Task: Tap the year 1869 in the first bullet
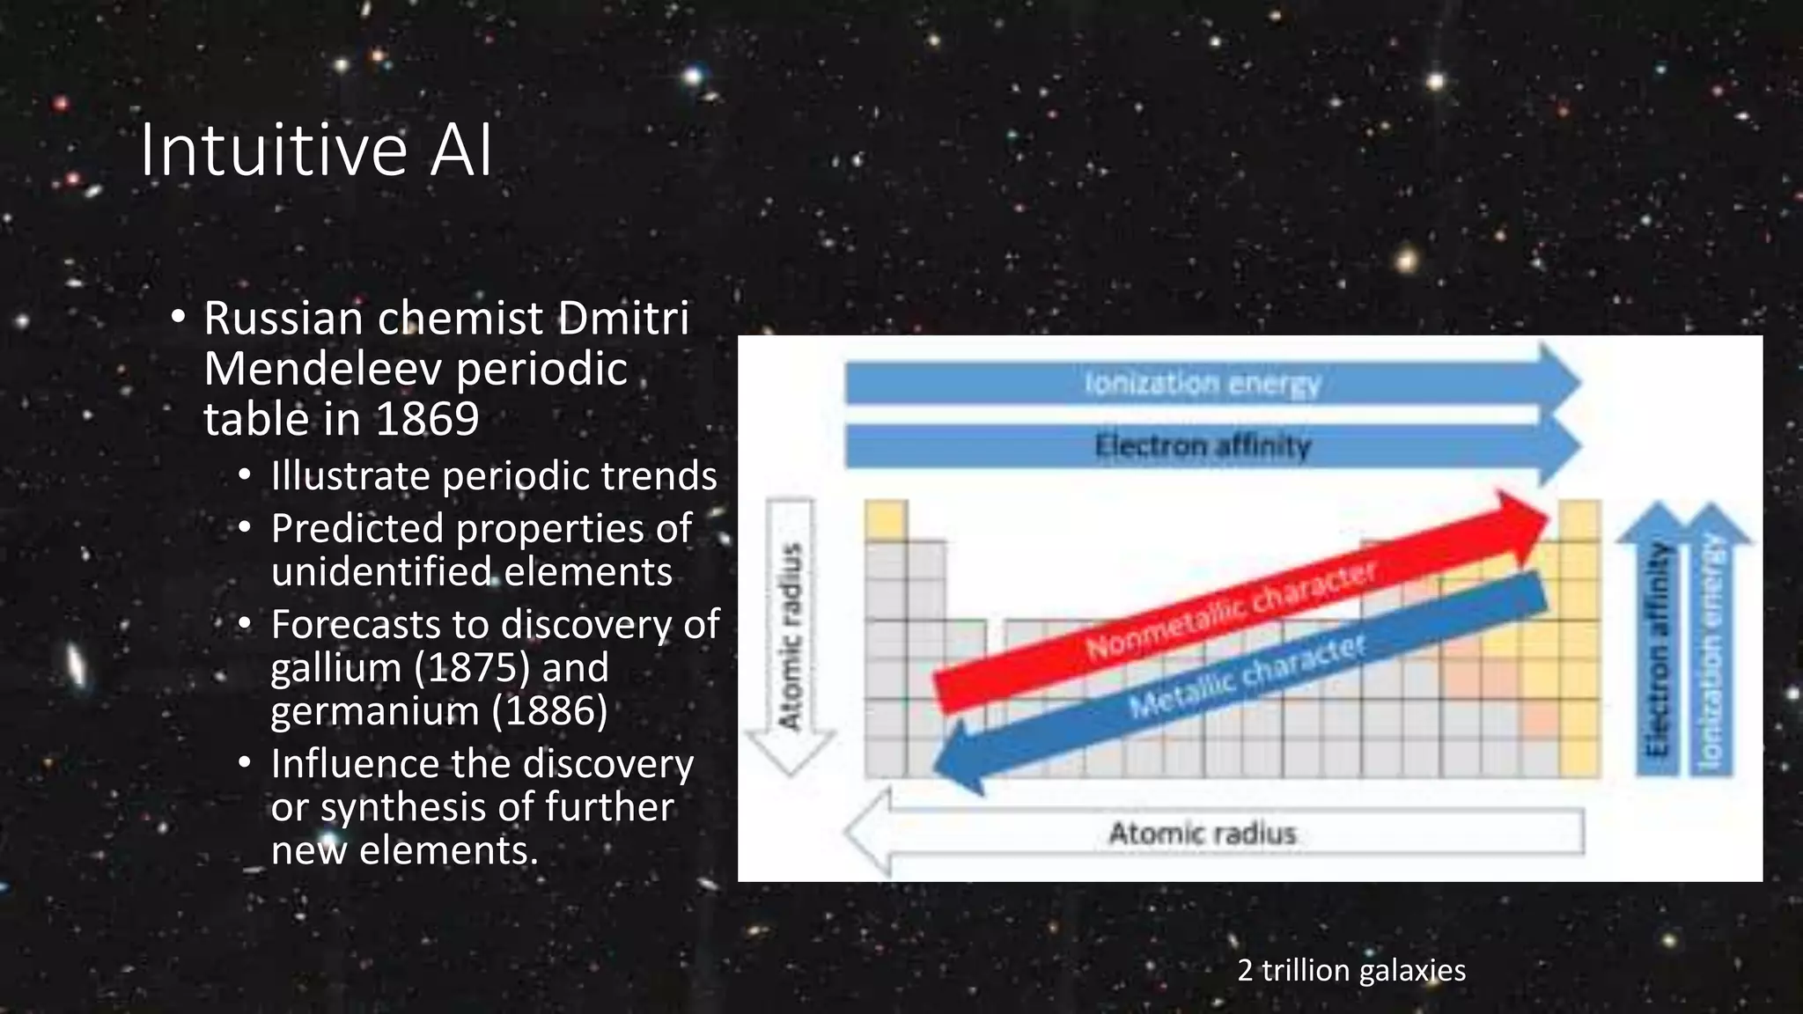click(x=428, y=419)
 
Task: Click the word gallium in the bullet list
click(x=335, y=668)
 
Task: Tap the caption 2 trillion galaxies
click(x=1350, y=970)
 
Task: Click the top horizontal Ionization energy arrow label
click(x=1203, y=384)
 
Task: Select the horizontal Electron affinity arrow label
click(x=1203, y=446)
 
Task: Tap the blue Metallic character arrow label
click(x=1247, y=676)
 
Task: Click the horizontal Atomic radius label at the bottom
click(x=1203, y=833)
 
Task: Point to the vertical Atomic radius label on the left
click(x=791, y=636)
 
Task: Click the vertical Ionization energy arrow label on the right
click(x=1711, y=651)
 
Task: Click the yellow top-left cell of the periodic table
click(x=886, y=520)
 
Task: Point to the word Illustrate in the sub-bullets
click(x=350, y=476)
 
